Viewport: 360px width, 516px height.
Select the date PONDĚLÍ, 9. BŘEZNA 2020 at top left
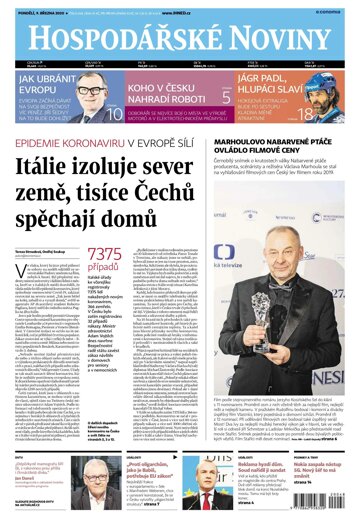point(36,12)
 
